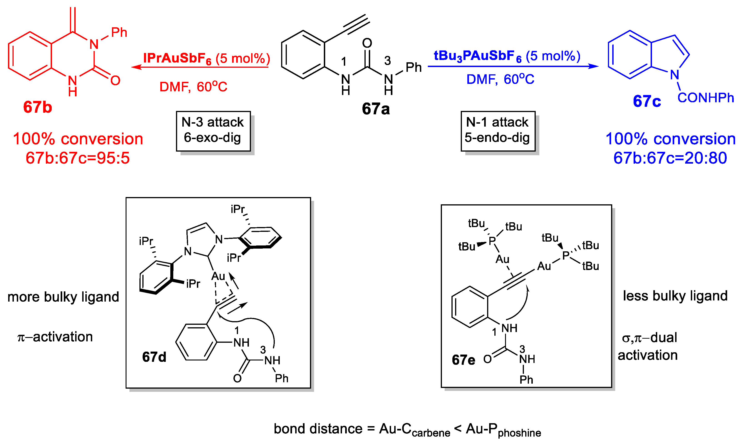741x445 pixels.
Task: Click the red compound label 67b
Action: pyautogui.click(x=38, y=107)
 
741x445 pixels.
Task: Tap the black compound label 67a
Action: pyautogui.click(x=376, y=109)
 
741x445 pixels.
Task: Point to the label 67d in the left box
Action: pyautogui.click(x=154, y=357)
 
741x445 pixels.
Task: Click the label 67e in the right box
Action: pyautogui.click(x=463, y=360)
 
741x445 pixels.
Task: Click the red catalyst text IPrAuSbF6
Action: pyautogui.click(x=177, y=58)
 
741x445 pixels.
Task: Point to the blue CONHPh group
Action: pyautogui.click(x=706, y=98)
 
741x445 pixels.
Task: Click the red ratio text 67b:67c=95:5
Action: pyautogui.click(x=78, y=158)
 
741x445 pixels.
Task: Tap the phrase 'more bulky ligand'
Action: pyautogui.click(x=63, y=297)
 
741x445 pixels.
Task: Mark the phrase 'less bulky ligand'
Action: pyautogui.click(x=675, y=296)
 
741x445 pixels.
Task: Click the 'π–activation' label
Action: pyautogui.click(x=55, y=337)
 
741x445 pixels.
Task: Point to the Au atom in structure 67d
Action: pyautogui.click(x=218, y=276)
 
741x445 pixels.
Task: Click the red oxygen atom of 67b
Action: pyautogui.click(x=115, y=80)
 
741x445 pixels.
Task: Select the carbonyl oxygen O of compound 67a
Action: pyautogui.click(x=367, y=43)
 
